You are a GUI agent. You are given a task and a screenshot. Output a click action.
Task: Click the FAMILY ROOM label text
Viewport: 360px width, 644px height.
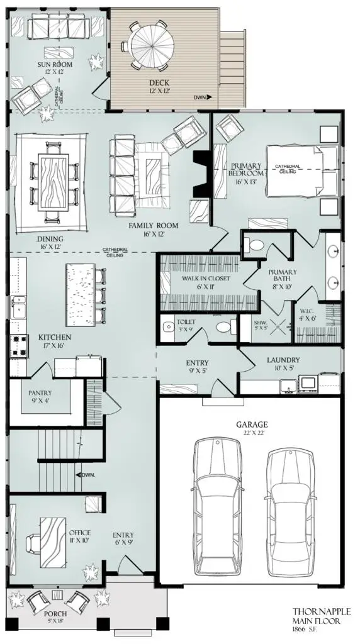154,225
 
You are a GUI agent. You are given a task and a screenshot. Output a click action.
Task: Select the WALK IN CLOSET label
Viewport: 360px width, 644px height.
206,278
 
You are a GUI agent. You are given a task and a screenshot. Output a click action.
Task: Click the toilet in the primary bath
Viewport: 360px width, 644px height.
256,245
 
